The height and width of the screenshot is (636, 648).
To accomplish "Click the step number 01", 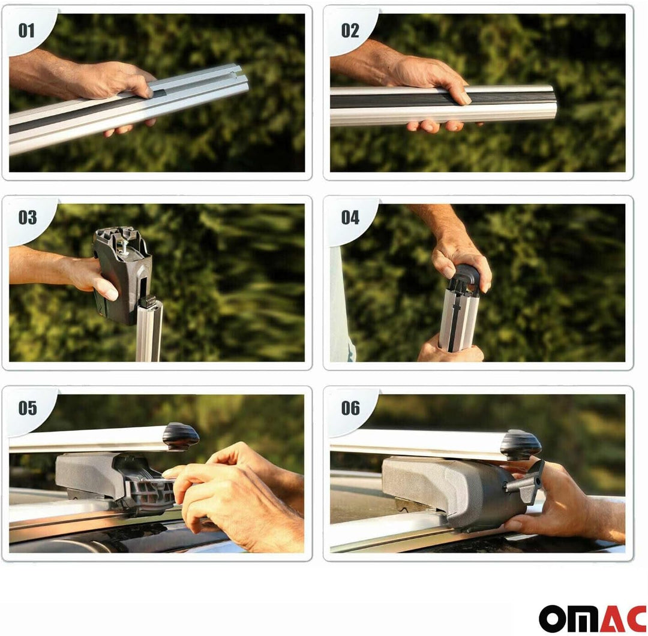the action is (x=26, y=31).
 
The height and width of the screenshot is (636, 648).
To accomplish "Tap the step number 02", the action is (x=350, y=31).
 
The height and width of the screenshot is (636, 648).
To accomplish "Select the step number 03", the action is (x=27, y=218).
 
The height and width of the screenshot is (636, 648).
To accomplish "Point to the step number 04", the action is (x=350, y=218).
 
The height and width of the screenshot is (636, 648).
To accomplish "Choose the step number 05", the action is (x=27, y=408).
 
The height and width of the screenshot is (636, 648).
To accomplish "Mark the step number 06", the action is (x=350, y=408).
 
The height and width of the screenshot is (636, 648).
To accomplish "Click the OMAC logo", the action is (x=592, y=618).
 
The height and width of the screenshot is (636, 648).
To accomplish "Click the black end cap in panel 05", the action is (x=181, y=436).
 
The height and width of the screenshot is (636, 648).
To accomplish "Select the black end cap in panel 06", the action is (x=520, y=444).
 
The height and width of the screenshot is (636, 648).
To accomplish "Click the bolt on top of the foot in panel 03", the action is (x=124, y=247).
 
